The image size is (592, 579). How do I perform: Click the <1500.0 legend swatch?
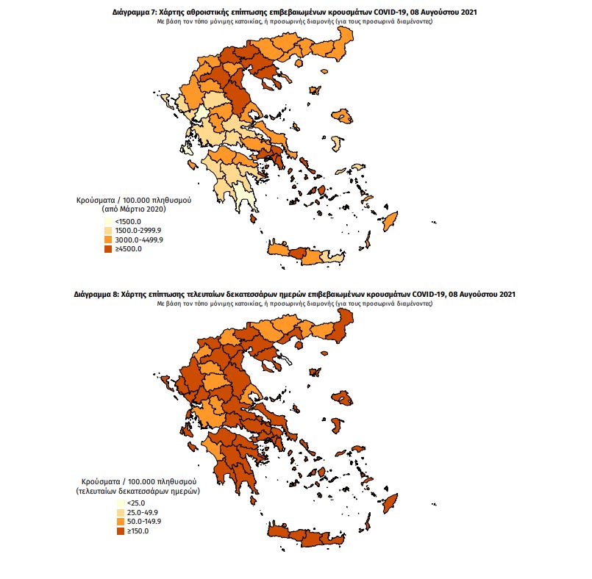coord(109,221)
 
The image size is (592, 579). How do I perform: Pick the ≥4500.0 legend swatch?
coord(109,249)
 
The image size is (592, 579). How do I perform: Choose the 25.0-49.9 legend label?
coord(143,512)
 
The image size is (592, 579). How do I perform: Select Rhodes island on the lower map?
coord(390,504)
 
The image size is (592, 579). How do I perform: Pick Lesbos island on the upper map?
coord(342,115)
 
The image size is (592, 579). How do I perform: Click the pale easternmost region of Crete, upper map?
coord(336,259)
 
